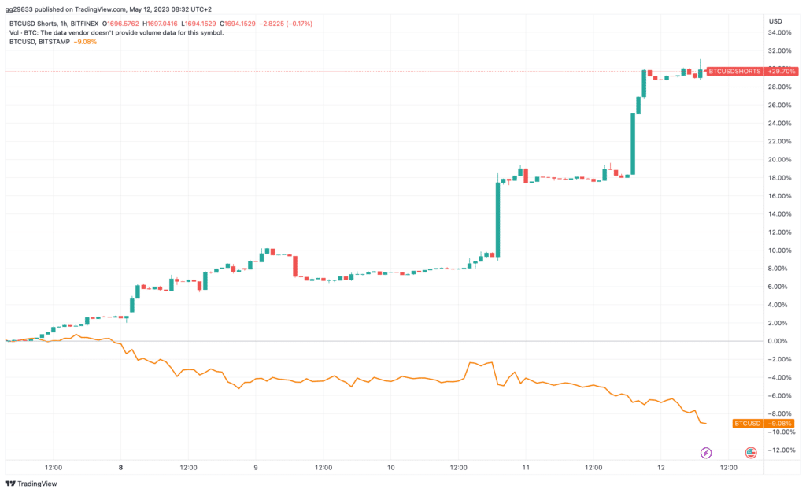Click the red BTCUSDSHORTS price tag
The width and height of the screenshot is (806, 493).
(734, 72)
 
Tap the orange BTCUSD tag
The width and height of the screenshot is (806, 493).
(748, 424)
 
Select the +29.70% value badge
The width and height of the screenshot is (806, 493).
(781, 72)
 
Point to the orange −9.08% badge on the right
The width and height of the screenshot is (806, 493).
(779, 424)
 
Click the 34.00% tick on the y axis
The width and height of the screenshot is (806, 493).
(779, 32)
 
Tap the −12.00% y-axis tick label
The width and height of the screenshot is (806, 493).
(780, 450)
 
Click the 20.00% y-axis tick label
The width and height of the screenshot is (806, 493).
(779, 159)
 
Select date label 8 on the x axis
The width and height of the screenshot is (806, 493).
(120, 467)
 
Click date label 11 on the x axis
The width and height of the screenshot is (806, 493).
(526, 467)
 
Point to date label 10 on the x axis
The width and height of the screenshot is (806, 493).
(391, 467)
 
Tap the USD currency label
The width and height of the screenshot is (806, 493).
(775, 21)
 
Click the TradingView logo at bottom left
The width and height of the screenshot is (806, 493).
(31, 484)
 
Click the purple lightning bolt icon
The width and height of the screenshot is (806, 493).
(706, 453)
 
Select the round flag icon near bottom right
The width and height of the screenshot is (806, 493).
(750, 453)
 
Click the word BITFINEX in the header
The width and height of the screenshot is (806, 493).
(84, 24)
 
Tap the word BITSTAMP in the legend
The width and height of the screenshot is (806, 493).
(54, 42)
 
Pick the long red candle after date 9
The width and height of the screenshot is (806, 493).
(295, 265)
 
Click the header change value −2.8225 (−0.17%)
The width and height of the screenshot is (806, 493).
(285, 24)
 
